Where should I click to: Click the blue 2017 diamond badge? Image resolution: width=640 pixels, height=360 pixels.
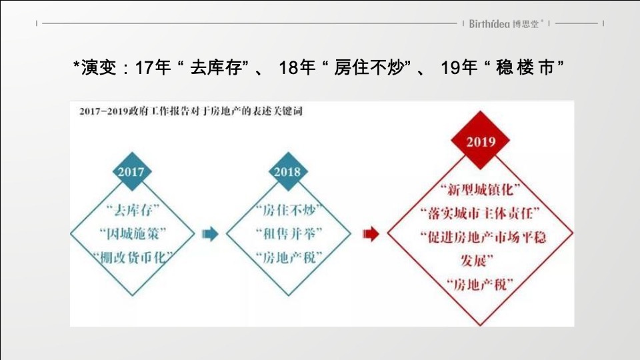click(x=131, y=171)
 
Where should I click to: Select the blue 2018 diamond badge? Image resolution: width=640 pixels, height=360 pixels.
click(x=287, y=171)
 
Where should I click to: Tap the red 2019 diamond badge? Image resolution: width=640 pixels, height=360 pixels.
click(x=480, y=142)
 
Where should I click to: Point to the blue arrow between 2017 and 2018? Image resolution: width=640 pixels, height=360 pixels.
click(x=210, y=233)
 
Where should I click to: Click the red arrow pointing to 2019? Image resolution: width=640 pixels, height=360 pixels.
click(x=371, y=233)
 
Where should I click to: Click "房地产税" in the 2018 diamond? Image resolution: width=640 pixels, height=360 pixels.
click(x=287, y=257)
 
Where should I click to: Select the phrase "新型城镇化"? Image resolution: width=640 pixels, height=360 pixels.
click(x=480, y=190)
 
